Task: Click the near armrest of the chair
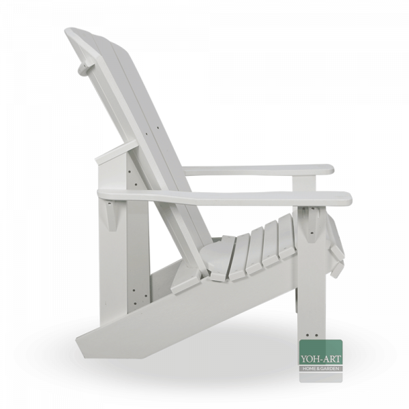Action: (225, 198)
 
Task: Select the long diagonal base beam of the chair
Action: (204, 314)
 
